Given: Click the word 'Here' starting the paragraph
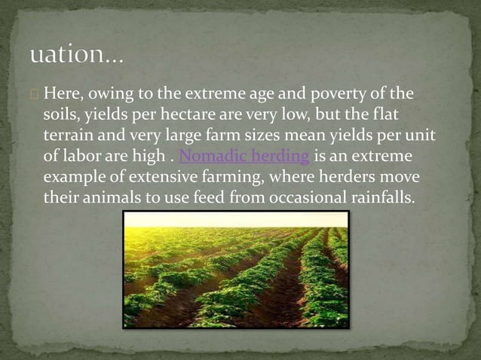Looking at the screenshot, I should [60, 94].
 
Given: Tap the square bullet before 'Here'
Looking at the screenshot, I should [35, 95].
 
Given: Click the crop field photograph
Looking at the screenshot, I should [235, 270].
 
